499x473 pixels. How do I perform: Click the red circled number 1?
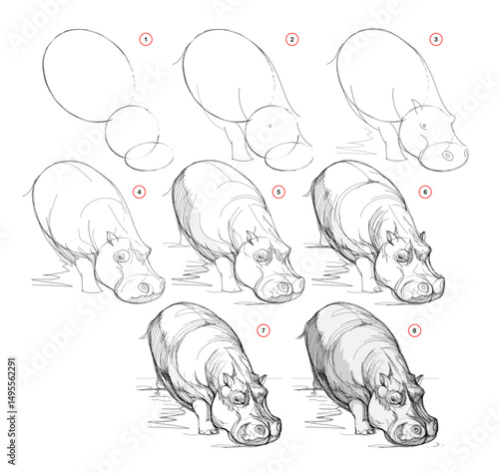[x=146, y=39]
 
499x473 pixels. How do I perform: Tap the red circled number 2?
[x=291, y=39]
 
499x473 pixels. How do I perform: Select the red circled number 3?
[x=435, y=39]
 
